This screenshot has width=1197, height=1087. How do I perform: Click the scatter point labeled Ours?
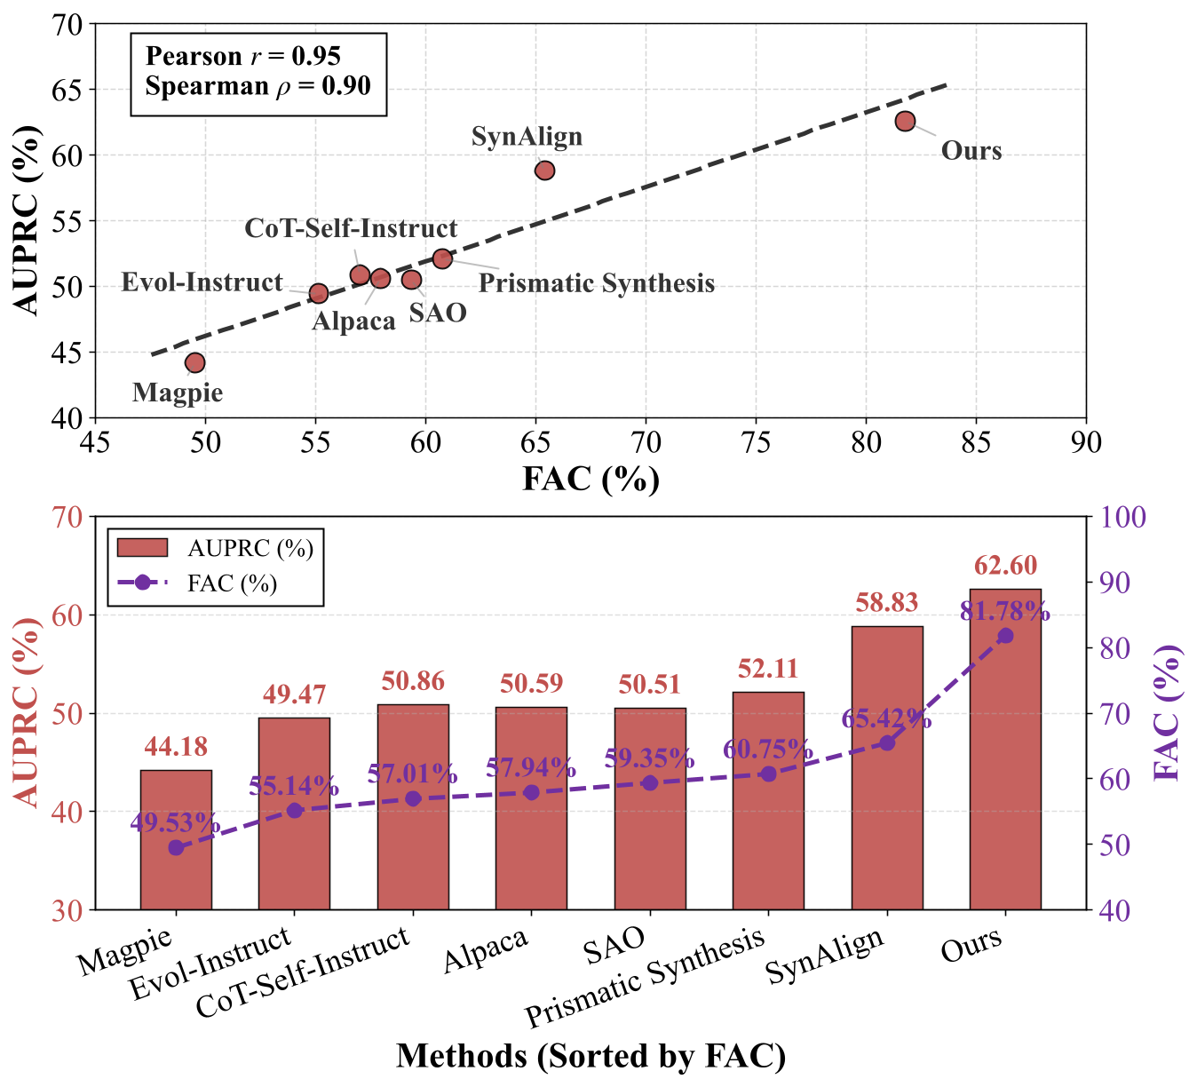tap(905, 121)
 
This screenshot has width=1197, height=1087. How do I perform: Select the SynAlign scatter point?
tap(544, 170)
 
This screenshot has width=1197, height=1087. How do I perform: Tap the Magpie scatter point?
tap(194, 362)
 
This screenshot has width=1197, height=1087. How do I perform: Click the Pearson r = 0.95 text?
tap(242, 56)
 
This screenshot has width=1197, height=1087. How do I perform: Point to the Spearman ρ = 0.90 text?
tap(258, 86)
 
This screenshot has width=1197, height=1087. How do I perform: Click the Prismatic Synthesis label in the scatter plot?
tap(596, 283)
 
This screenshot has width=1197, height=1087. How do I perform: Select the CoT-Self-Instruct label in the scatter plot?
tap(351, 228)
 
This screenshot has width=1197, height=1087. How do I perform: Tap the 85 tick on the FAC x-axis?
tap(976, 441)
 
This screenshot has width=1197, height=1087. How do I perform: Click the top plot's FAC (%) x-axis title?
tap(591, 479)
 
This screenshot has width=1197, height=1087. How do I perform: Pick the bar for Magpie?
tap(176, 839)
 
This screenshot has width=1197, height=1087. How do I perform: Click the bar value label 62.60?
tap(1005, 566)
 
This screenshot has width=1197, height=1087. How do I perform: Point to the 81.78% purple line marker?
tap(1005, 635)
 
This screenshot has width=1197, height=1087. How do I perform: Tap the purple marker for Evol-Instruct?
tap(295, 810)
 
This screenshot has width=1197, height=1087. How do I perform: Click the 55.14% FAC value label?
tap(294, 786)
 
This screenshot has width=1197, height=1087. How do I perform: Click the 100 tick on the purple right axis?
tap(1122, 517)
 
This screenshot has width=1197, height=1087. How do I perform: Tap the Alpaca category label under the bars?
tap(486, 949)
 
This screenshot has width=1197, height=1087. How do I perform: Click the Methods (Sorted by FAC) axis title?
tap(591, 1056)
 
